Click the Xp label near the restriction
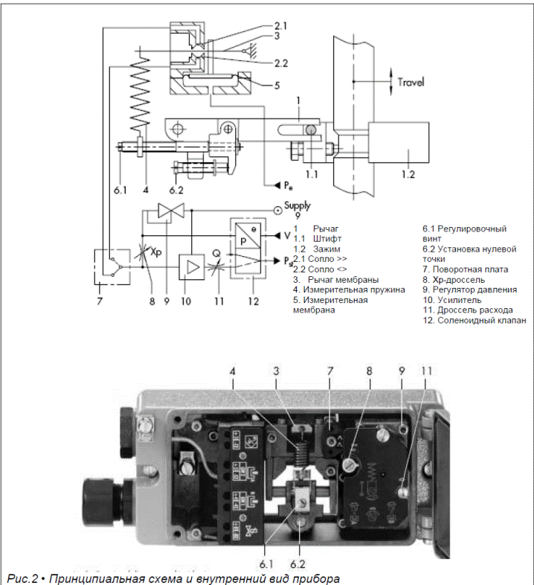click(x=155, y=252)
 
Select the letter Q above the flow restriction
click(x=216, y=251)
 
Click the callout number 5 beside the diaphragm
click(x=276, y=85)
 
